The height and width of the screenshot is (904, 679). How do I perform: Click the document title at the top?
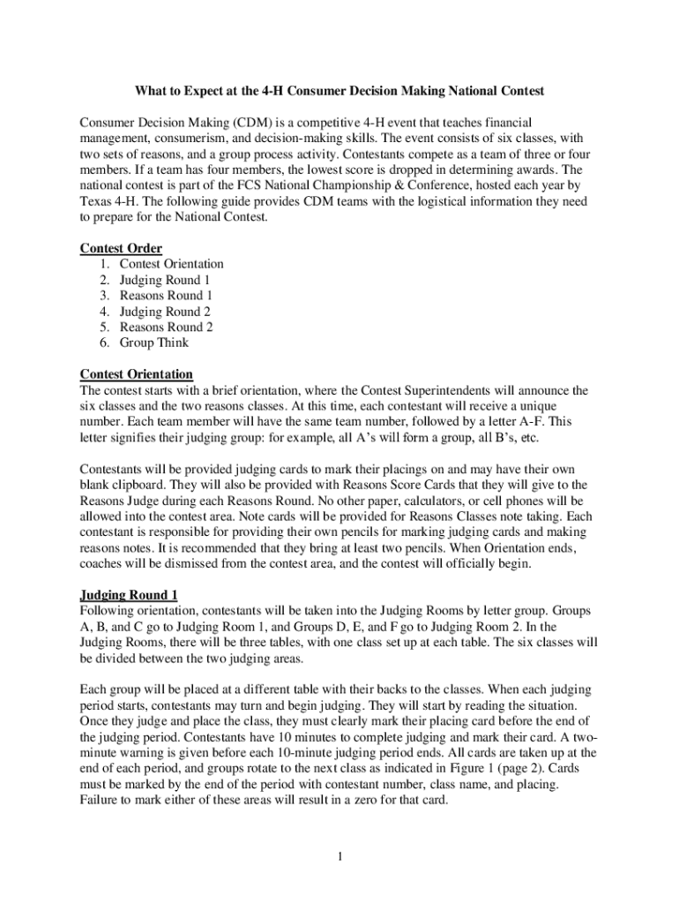[x=339, y=91]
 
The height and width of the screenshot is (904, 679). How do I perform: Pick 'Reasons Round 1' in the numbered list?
[x=167, y=295]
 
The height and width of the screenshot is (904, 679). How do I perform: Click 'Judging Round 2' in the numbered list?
[x=165, y=311]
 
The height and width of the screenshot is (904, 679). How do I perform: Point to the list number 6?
[x=104, y=343]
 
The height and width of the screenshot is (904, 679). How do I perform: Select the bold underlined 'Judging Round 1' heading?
[x=129, y=596]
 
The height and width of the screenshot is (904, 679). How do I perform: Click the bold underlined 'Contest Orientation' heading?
[x=137, y=374]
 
